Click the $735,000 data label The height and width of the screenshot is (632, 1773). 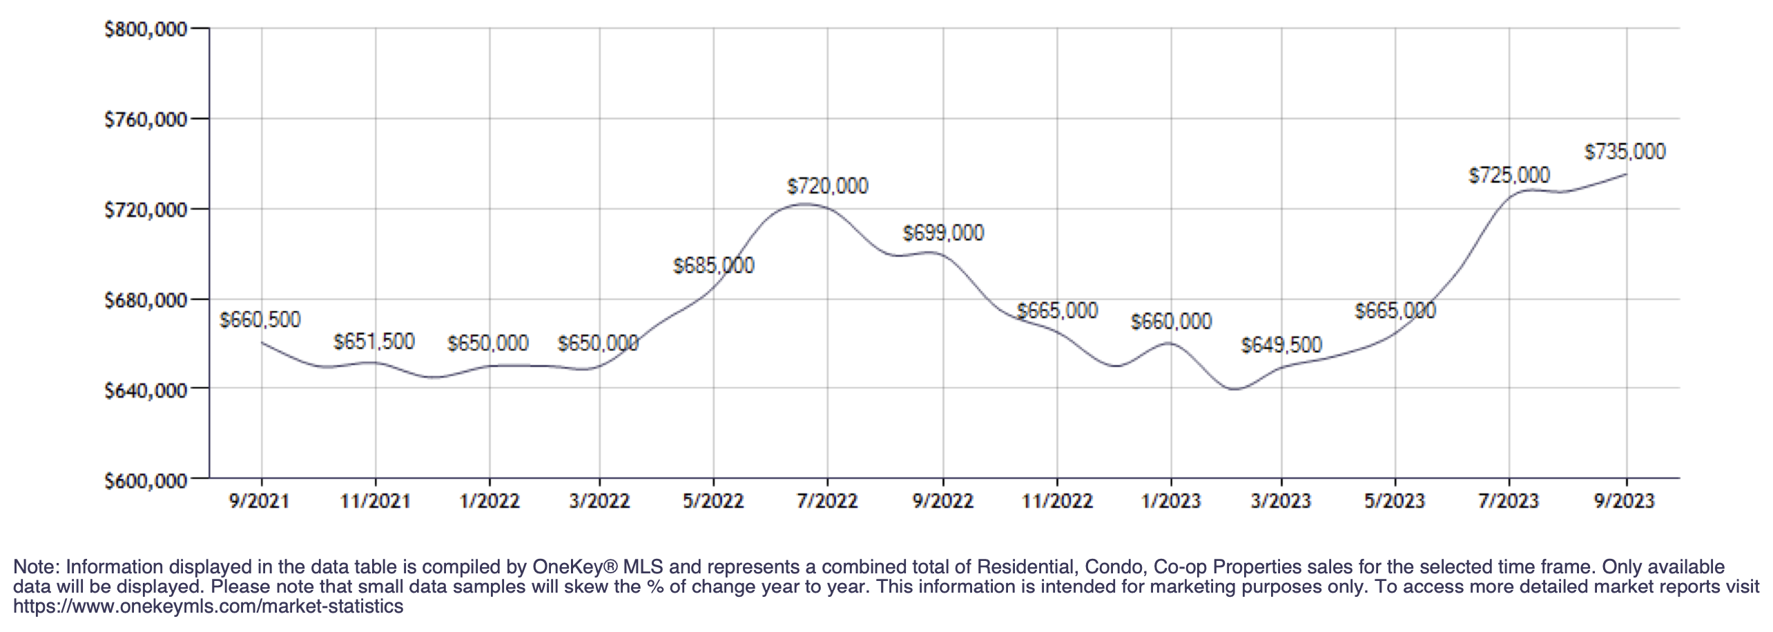[1625, 152]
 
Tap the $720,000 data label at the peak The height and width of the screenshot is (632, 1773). [827, 186]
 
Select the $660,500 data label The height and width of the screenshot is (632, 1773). [260, 320]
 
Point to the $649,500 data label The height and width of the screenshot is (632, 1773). [1281, 345]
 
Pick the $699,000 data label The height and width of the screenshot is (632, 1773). [943, 233]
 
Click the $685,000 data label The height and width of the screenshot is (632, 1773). [713, 266]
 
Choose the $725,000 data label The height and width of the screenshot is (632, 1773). [1509, 175]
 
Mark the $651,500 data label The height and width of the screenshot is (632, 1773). [374, 342]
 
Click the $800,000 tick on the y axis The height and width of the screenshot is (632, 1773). [146, 30]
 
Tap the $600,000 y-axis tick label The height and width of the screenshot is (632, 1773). [146, 480]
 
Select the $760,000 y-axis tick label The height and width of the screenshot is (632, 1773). [146, 120]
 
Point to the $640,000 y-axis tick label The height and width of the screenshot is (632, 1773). [146, 391]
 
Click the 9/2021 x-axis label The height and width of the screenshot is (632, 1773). [260, 500]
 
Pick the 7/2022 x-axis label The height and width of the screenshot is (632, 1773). [827, 500]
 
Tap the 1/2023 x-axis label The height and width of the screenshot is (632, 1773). [1171, 500]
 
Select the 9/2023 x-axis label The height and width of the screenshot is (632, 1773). [1624, 500]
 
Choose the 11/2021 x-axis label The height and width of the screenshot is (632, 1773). [375, 500]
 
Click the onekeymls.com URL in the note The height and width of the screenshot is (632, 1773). [208, 607]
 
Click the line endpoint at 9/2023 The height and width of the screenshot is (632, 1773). [1627, 174]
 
